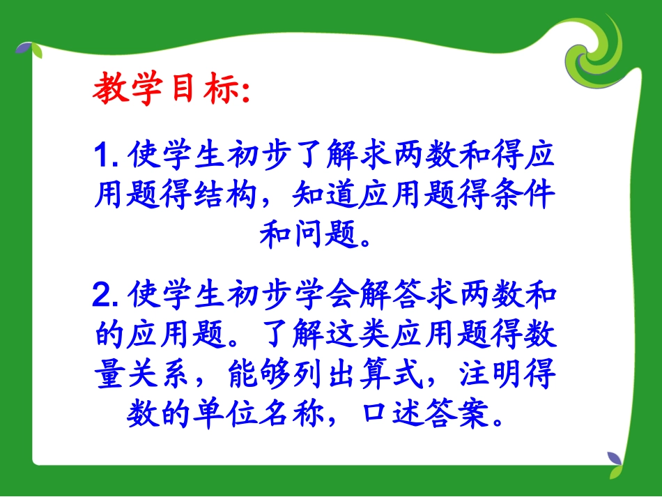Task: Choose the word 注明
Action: click(488, 376)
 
